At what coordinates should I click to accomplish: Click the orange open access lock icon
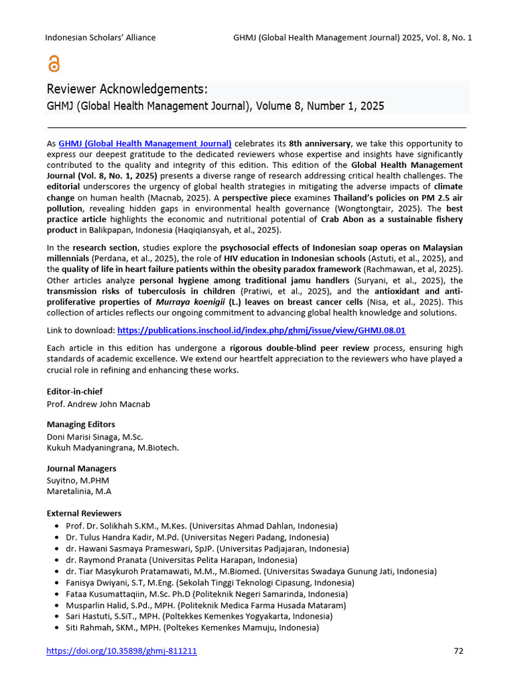coord(54,64)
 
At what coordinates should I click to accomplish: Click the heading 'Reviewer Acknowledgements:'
coord(127,90)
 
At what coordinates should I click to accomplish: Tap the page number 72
coord(458,650)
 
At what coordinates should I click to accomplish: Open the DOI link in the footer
coord(122,651)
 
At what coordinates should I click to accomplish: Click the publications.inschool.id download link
coord(261,330)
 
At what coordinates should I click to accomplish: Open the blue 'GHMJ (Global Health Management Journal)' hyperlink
coord(145,143)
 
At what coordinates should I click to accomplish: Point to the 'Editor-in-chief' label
coord(74,391)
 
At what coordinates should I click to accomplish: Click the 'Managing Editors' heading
coord(80,424)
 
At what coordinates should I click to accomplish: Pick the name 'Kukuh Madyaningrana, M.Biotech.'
coord(112,448)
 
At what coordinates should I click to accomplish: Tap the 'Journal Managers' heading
coord(81,469)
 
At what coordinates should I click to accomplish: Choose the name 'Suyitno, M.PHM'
coord(78,480)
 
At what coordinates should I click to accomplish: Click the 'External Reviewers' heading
coord(84,513)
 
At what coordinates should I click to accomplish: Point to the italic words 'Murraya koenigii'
coord(183,302)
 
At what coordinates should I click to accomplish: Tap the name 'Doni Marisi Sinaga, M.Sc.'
coord(94,436)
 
